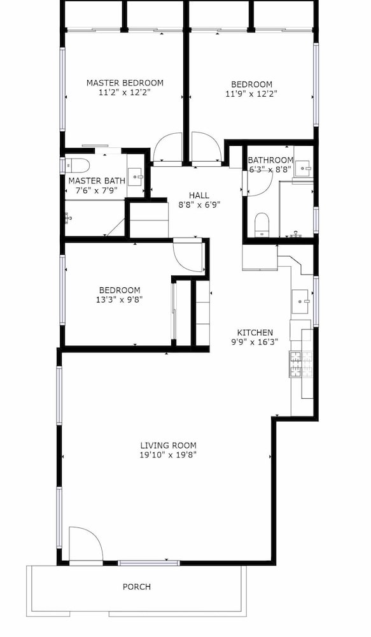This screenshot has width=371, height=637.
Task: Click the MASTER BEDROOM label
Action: (125, 83)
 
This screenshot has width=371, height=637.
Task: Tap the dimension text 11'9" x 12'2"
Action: (251, 94)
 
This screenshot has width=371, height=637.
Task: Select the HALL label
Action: (199, 196)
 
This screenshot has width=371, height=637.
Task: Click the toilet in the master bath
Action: (77, 165)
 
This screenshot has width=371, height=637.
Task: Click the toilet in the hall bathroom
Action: (262, 224)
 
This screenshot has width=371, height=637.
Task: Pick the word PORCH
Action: (137, 587)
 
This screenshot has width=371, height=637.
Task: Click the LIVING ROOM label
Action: (169, 445)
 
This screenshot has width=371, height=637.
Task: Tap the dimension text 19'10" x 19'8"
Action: (168, 455)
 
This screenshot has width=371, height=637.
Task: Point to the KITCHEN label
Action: (255, 333)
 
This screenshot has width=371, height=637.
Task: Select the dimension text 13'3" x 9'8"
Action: (120, 300)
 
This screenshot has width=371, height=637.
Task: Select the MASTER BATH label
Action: (94, 181)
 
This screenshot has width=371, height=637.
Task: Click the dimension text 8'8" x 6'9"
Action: (199, 204)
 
